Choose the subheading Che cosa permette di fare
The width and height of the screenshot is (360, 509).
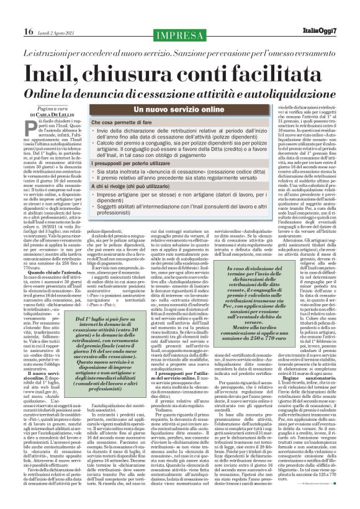click(122, 125)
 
